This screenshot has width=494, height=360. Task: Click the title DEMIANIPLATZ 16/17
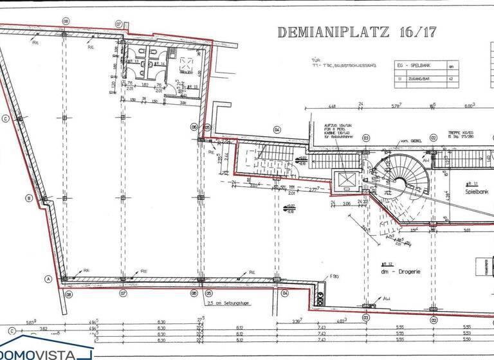point(356,32)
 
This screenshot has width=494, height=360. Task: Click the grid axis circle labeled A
point(48,279)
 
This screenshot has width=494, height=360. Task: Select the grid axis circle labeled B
point(29,198)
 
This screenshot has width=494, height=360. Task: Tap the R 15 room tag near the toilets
point(182,87)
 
